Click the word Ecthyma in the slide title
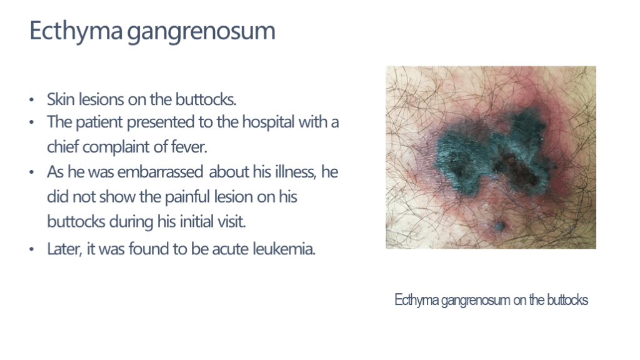click(x=76, y=31)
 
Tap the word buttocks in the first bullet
click(x=206, y=99)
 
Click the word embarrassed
click(x=160, y=172)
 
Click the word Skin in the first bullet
click(x=61, y=99)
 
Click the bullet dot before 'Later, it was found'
click(x=31, y=249)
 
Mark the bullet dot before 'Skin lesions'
click(x=31, y=99)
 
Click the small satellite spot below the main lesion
click(x=499, y=226)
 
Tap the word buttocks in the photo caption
click(x=567, y=300)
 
